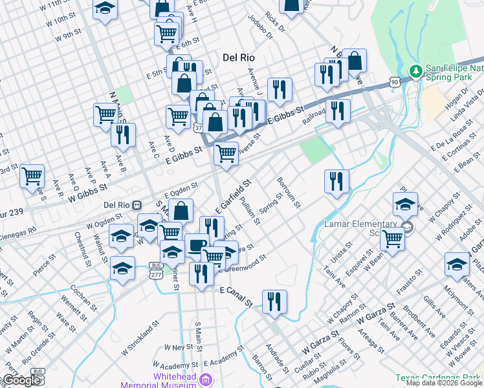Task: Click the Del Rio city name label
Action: coord(238,57)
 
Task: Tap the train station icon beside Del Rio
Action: coord(137,205)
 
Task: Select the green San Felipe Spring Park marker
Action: coord(415,70)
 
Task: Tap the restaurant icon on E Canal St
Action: coord(274,301)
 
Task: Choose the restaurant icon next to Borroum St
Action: coord(336,181)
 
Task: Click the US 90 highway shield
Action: coord(394,80)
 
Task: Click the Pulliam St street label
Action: coord(248,212)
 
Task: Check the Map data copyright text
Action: coord(444,383)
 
